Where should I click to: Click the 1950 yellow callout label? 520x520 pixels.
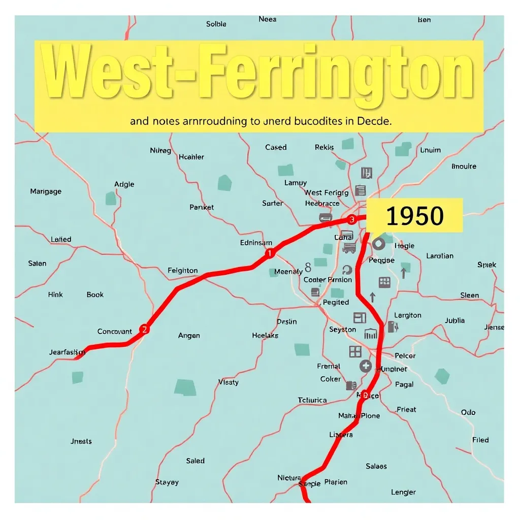pyautogui.click(x=414, y=216)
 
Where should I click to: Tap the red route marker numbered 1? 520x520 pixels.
pyautogui.click(x=270, y=253)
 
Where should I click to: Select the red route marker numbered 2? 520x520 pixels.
pyautogui.click(x=145, y=329)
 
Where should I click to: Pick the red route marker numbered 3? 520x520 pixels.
pyautogui.click(x=351, y=219)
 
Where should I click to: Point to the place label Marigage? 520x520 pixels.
pyautogui.click(x=46, y=191)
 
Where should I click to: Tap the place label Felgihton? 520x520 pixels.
pyautogui.click(x=183, y=271)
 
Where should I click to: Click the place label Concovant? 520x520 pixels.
pyautogui.click(x=115, y=331)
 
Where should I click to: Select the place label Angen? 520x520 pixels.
pyautogui.click(x=189, y=335)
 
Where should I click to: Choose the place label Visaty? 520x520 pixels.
pyautogui.click(x=228, y=382)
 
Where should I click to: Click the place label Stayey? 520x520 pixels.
pyautogui.click(x=167, y=482)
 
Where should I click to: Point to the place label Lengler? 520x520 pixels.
pyautogui.click(x=403, y=492)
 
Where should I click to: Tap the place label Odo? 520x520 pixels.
pyautogui.click(x=468, y=412)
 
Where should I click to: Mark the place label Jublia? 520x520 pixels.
pyautogui.click(x=454, y=320)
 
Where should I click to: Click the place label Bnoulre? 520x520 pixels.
pyautogui.click(x=464, y=166)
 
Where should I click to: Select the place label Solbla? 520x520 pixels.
pyautogui.click(x=216, y=24)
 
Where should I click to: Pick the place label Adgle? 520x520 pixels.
pyautogui.click(x=124, y=184)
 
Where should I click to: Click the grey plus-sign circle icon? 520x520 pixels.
pyautogui.click(x=365, y=366)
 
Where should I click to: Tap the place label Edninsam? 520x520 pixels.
pyautogui.click(x=256, y=243)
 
